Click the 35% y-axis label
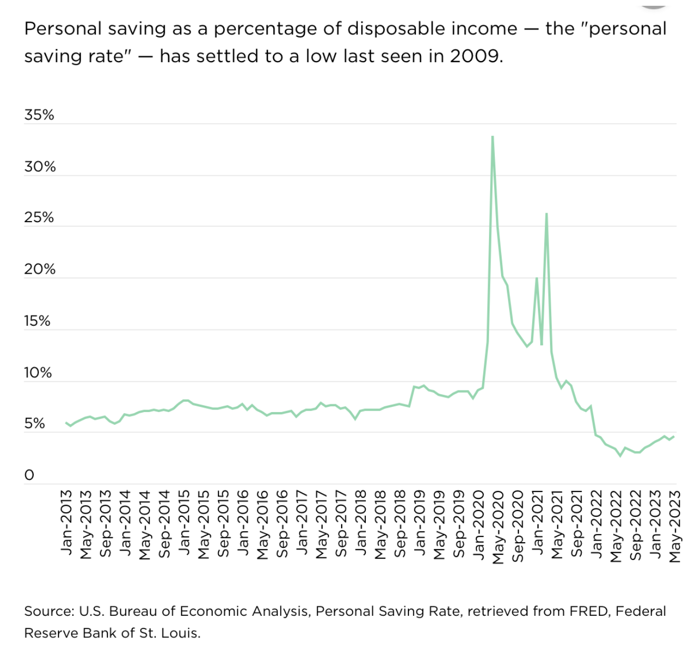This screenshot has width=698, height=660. point(39,115)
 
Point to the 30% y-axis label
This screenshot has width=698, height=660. point(39,167)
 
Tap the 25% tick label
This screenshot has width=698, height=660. point(39,218)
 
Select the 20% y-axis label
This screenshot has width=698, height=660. point(39,269)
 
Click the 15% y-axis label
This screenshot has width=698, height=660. point(37,321)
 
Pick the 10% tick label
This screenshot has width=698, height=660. point(37,373)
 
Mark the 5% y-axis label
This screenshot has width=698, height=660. point(34,424)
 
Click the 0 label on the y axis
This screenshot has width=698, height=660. point(29,475)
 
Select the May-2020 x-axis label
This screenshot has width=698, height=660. point(498,526)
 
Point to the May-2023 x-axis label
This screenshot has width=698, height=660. point(675,526)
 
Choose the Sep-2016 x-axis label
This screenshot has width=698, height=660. point(282,524)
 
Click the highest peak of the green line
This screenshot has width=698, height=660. point(492,136)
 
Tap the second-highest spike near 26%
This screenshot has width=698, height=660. point(547,213)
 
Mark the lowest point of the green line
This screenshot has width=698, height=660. point(620,456)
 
